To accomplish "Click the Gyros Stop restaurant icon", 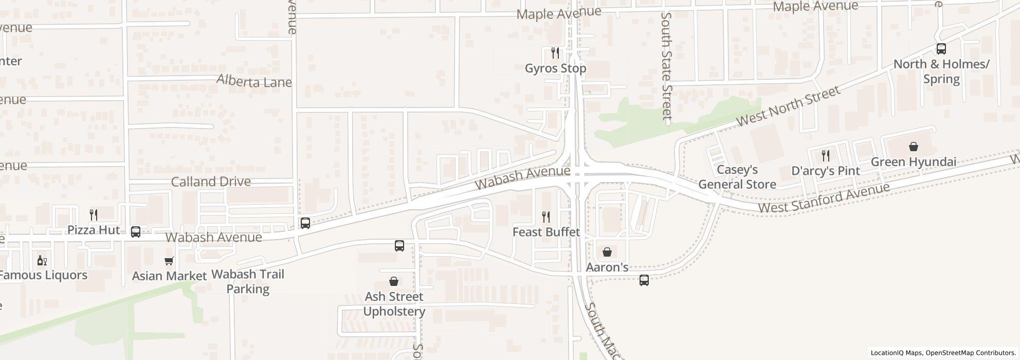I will coord(555,53).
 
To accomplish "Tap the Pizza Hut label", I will coord(94,230).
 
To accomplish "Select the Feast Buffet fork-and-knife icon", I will coord(546,217).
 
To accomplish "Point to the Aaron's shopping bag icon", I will coord(607,252).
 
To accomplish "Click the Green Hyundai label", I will coord(913,162).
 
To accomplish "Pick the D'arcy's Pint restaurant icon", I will coord(826,155).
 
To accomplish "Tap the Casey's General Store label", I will coord(737,177).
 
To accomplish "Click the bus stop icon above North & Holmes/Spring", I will coord(941,49).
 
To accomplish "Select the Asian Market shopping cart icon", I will coord(169,261).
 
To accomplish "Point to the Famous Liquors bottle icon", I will coord(42,261).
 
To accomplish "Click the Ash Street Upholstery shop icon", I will coord(394,281).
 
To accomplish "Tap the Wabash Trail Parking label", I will coord(248,281).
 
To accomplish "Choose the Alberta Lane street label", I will coord(254,81).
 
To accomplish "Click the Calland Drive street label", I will coord(211,182).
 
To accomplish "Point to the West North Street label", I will coord(788,106).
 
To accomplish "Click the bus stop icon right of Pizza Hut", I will coord(136,232).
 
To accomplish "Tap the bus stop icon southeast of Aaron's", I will coord(644,280).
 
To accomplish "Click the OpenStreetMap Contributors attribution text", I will coord(970,353).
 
